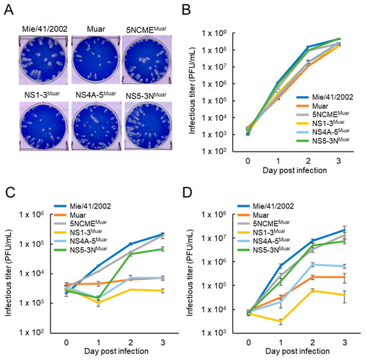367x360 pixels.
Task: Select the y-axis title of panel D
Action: point(199,271)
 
